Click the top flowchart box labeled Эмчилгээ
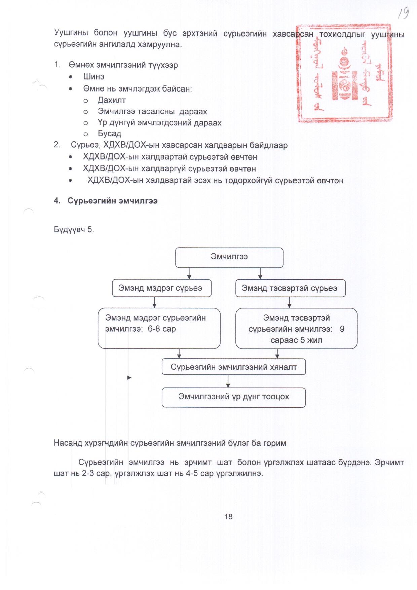tap(229, 257)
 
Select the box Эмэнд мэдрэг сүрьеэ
tap(161, 288)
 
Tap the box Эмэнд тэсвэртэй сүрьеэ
tap(290, 288)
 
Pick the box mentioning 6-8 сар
tap(159, 328)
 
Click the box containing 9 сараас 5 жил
tap(296, 329)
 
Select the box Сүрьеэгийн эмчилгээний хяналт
tap(234, 367)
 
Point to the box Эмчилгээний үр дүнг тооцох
tap(234, 397)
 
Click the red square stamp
tap(344, 73)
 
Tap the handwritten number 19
tap(403, 13)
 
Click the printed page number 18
tap(228, 517)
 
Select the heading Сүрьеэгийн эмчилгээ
tap(112, 201)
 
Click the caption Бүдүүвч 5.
tap(74, 229)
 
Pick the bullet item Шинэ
tap(94, 77)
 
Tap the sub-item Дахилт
tap(112, 100)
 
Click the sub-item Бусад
tap(109, 134)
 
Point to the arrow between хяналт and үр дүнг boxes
tap(228, 381)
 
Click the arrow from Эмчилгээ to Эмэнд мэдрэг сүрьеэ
tap(189, 273)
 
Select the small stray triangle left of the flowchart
tap(129, 378)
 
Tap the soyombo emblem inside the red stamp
tap(344, 76)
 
